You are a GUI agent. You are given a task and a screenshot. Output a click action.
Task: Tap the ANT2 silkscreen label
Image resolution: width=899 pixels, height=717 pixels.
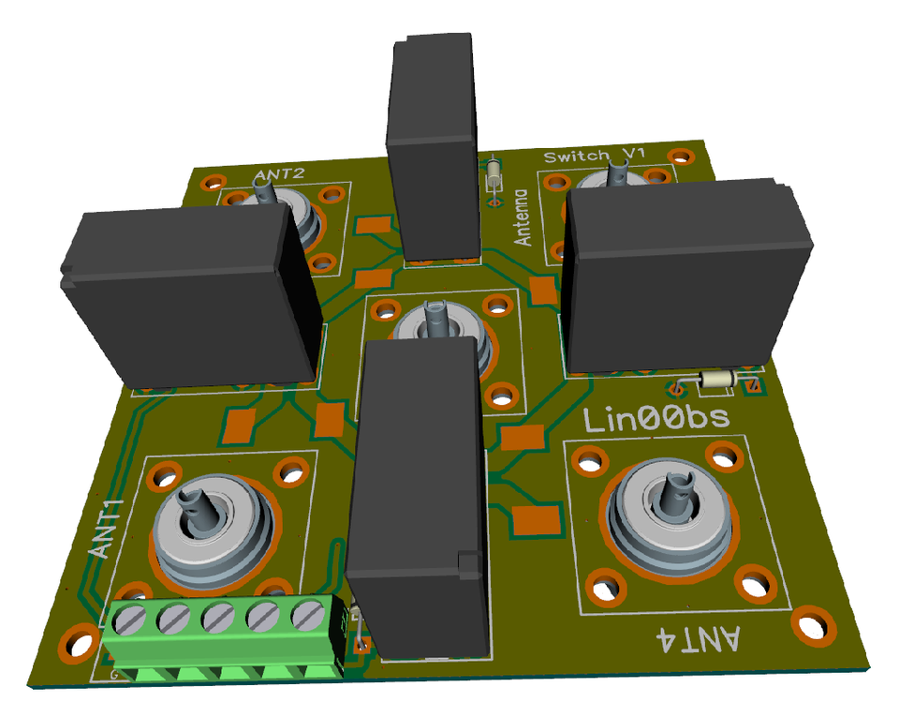(279, 174)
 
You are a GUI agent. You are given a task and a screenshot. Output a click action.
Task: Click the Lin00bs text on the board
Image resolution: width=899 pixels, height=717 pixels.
(656, 419)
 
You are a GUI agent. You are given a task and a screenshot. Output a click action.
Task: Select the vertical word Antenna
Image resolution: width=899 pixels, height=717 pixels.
(523, 217)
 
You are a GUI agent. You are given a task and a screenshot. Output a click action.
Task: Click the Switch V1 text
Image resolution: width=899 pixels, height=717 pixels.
(595, 155)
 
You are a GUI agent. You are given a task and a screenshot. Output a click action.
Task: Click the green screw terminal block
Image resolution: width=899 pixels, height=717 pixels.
(225, 636)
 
